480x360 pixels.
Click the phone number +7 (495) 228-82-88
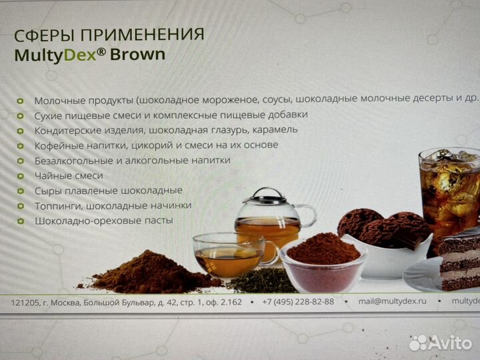(x=299, y=302)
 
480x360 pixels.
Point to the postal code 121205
(x=25, y=303)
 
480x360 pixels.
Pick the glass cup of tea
(x=226, y=254)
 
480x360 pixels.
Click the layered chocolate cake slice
(x=459, y=260)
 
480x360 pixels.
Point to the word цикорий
(x=183, y=145)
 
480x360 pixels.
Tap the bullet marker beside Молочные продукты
(x=20, y=100)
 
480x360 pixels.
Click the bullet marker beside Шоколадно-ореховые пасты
(x=20, y=221)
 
